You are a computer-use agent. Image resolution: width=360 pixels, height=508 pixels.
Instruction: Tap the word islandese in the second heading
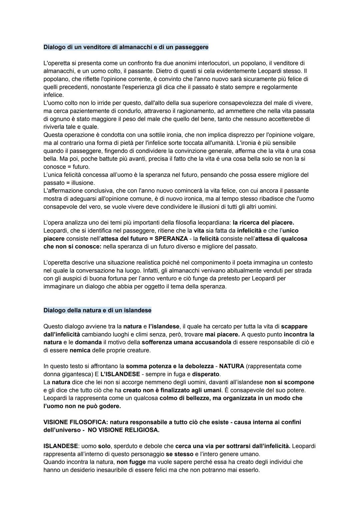tap(138, 310)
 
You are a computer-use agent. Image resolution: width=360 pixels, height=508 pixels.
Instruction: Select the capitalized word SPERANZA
tap(171, 239)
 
